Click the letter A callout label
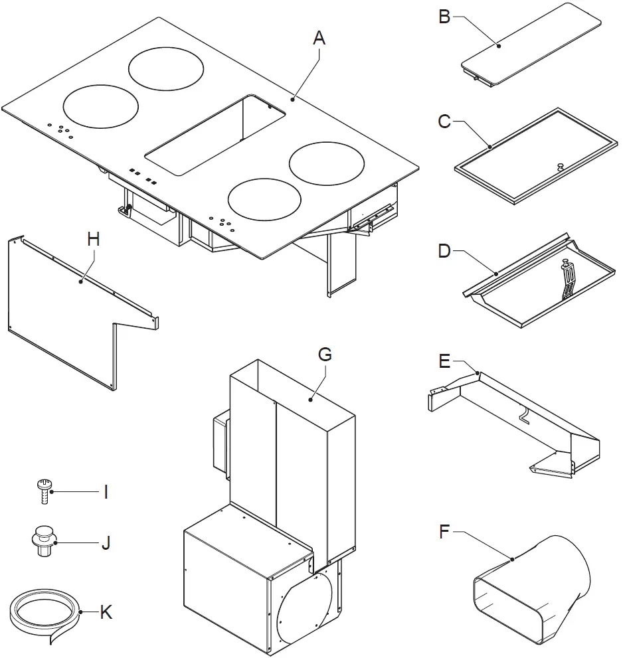tap(319, 39)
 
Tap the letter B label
tap(444, 17)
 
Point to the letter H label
tap(93, 239)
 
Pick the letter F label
tap(446, 531)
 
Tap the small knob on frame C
tap(560, 166)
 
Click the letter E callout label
tap(445, 361)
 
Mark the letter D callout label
tap(444, 252)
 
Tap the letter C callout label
tap(444, 122)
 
